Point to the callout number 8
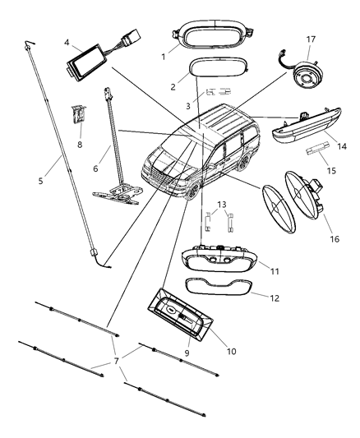point(80,145)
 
